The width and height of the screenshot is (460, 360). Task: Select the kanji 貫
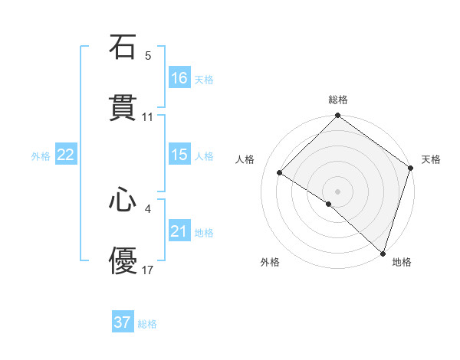123,109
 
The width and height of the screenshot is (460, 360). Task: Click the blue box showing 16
179,78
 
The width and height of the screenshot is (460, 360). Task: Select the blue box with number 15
179,155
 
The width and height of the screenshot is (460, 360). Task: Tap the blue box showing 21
179,231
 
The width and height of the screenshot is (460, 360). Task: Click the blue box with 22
66,155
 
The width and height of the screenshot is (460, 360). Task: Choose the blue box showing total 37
123,322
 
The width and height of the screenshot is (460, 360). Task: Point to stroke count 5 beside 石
148,55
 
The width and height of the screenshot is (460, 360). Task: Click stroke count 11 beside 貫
148,117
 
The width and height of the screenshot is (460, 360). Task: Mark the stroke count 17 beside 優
148,270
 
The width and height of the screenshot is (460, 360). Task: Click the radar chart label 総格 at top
338,100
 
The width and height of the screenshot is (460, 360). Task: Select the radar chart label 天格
431,159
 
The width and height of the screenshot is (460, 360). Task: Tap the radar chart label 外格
269,262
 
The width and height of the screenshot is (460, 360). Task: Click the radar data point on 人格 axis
280,172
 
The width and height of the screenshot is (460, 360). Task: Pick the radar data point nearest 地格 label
383,253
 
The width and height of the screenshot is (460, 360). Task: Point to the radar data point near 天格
411,167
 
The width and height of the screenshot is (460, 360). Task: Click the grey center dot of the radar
338,191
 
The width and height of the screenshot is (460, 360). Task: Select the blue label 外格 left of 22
41,155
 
